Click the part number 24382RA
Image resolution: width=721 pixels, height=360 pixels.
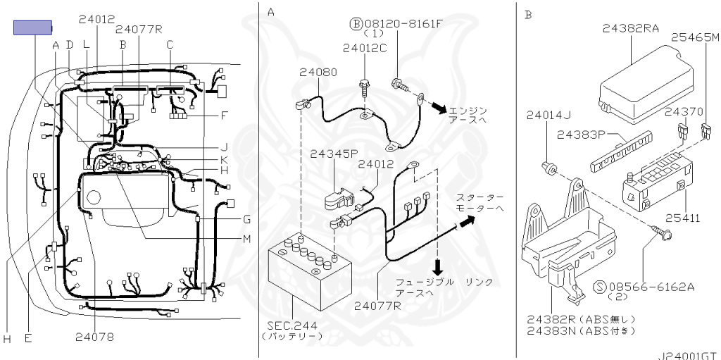tap(631, 28)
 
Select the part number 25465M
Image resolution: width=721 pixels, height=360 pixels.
tap(694, 37)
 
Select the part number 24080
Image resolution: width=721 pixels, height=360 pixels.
tap(318, 72)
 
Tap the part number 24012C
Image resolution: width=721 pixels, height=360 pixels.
tap(365, 49)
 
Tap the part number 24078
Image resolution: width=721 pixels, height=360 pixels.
tap(94, 337)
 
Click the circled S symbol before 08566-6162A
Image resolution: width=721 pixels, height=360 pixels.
tap(601, 287)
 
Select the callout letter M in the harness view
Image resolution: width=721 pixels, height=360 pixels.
tap(246, 239)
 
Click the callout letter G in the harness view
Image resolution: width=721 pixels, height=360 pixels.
tap(246, 218)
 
